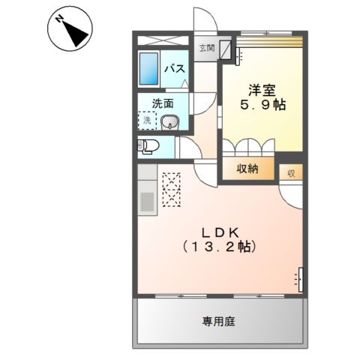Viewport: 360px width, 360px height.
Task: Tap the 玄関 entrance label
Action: click(x=206, y=49)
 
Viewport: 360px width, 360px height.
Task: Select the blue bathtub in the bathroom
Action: click(x=149, y=71)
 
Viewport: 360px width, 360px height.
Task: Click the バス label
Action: click(x=175, y=69)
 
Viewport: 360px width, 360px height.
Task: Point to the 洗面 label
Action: click(x=163, y=103)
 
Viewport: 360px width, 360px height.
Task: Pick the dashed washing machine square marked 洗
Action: click(x=146, y=120)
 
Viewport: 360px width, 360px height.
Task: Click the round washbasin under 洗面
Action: click(x=171, y=122)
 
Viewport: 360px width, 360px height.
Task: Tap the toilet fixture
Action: click(x=146, y=145)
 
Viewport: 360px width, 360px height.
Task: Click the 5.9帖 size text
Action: click(x=262, y=105)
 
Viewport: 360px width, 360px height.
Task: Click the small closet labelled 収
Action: click(x=290, y=172)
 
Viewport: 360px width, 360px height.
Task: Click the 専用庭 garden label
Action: click(x=219, y=322)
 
